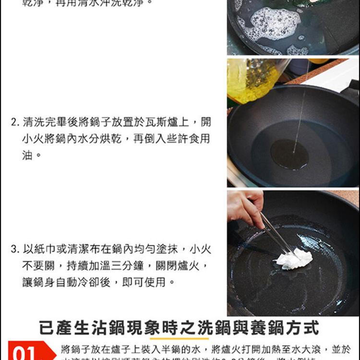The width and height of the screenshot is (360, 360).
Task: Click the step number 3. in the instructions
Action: (14, 250)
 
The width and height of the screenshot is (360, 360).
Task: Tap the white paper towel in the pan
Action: (294, 259)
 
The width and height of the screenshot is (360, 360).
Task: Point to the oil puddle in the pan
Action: (289, 155)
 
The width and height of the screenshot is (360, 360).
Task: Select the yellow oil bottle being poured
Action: (252, 79)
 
